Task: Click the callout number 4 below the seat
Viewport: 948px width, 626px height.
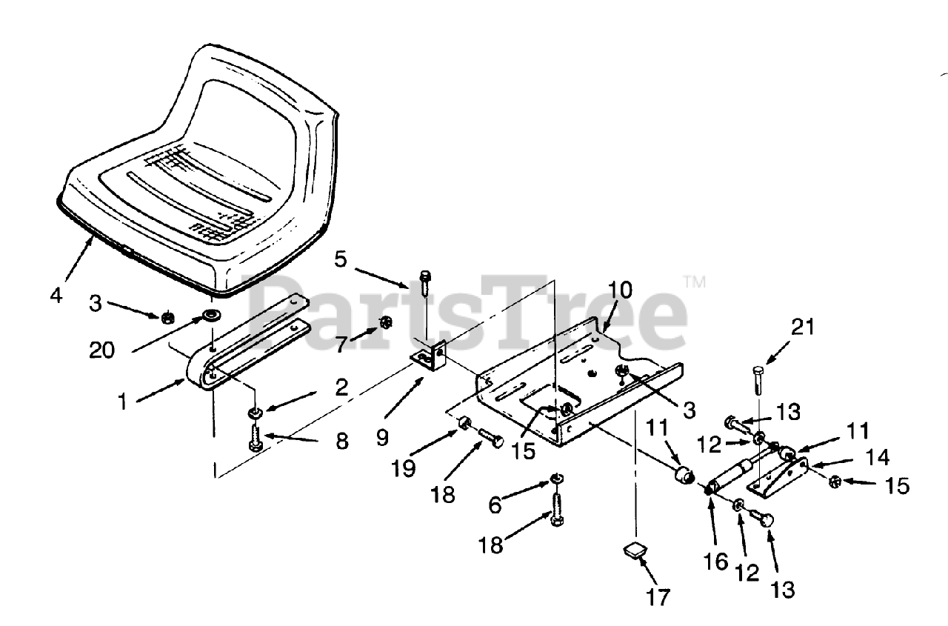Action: [x=56, y=294]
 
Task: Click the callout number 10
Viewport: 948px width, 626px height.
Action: [x=621, y=290]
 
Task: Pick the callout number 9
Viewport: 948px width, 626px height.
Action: [x=382, y=437]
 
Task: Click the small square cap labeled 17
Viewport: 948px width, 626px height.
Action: [x=634, y=550]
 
